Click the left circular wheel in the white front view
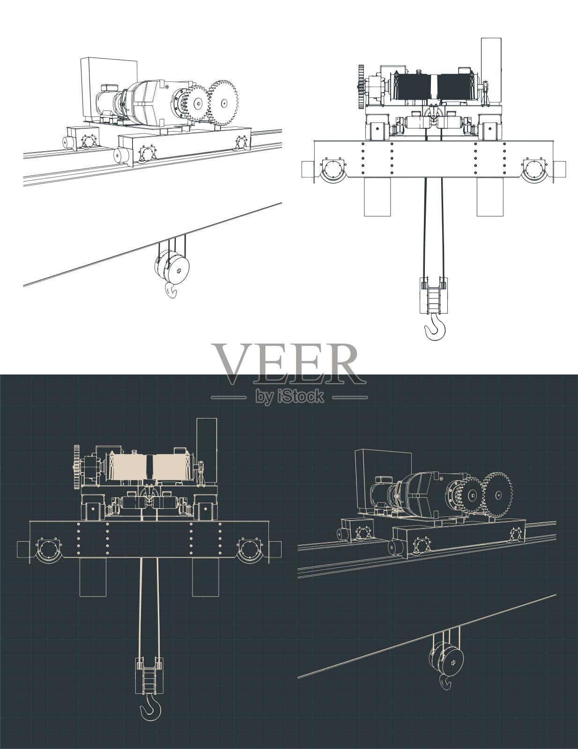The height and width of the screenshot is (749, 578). pyautogui.click(x=332, y=169)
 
